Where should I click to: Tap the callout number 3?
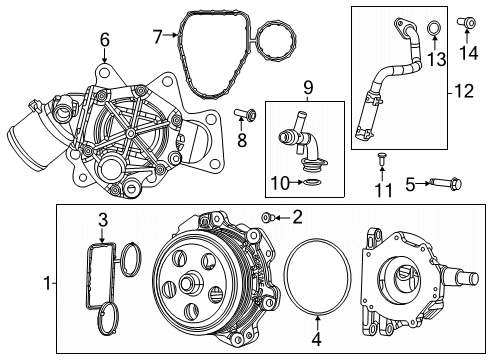[x=101, y=219]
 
